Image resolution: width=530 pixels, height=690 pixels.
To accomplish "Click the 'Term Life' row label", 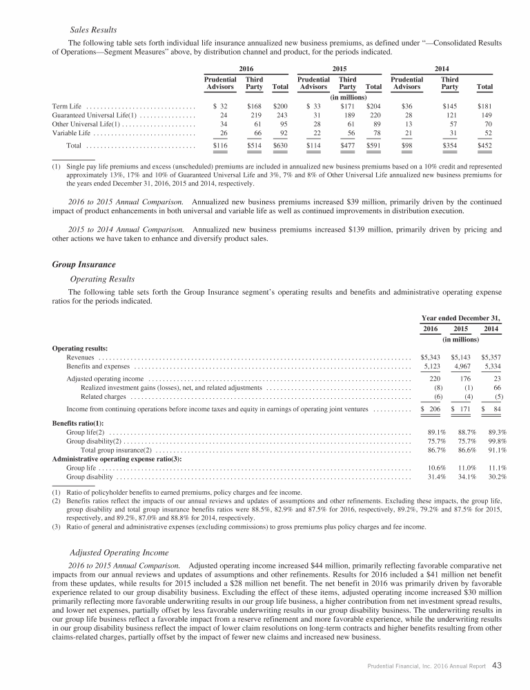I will (68, 106).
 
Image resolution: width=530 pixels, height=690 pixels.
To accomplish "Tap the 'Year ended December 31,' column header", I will (461, 317).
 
